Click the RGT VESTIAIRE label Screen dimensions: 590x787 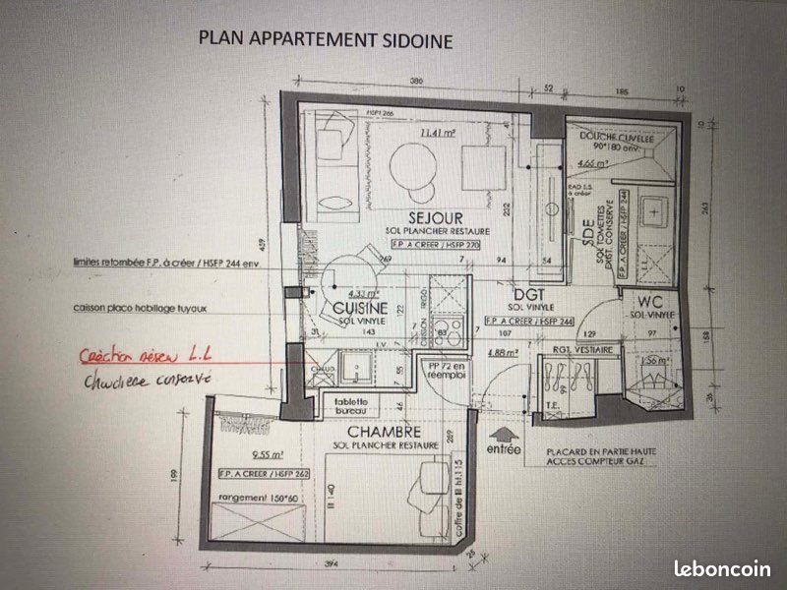(x=582, y=350)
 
